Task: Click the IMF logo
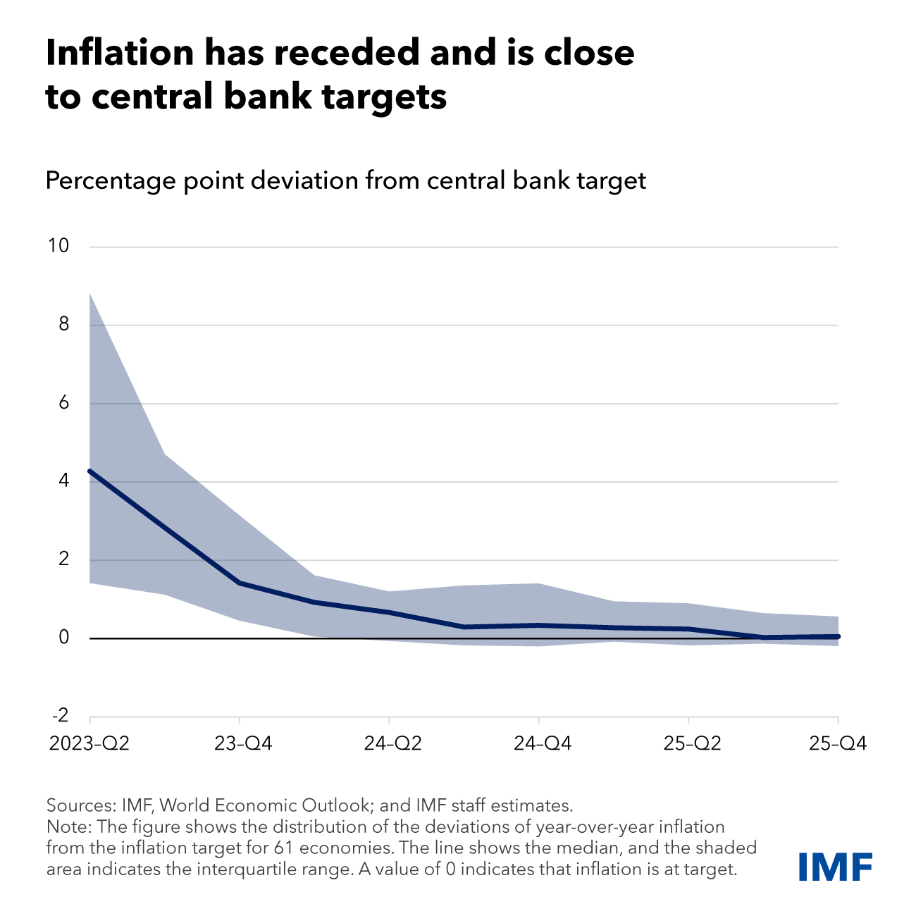tap(836, 867)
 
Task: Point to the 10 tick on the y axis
tap(58, 246)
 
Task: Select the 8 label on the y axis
tap(64, 324)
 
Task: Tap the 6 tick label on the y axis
tap(64, 403)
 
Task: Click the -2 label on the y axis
tap(61, 716)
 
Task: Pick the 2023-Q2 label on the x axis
tap(89, 744)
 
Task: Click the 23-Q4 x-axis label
tap(240, 744)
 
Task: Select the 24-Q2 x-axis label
tap(390, 744)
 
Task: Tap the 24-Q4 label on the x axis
tap(539, 744)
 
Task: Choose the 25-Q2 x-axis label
tap(688, 744)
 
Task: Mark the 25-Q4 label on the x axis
tap(837, 744)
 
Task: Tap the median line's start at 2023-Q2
tap(90, 471)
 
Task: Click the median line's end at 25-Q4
tap(837, 636)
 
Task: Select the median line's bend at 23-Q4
tap(240, 583)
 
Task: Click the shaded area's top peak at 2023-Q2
tap(90, 293)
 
